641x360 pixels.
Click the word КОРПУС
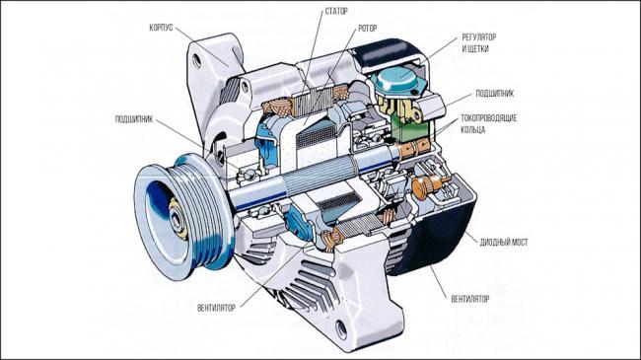point(161,28)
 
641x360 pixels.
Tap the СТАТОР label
point(336,12)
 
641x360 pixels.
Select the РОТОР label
point(368,29)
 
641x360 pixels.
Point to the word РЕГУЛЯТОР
point(479,37)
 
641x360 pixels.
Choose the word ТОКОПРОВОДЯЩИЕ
point(489,118)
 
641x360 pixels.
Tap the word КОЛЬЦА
point(473,130)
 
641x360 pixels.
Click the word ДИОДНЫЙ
point(493,243)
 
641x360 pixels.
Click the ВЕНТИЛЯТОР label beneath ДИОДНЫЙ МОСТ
point(470,299)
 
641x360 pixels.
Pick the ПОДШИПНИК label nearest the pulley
point(134,119)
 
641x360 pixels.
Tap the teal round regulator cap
point(399,80)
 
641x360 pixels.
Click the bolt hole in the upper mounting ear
point(197,61)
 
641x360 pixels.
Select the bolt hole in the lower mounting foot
point(341,329)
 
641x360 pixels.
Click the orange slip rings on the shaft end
point(414,147)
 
